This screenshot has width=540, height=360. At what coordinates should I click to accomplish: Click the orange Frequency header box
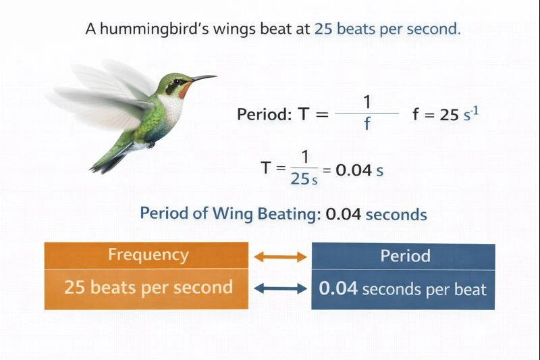[148, 255]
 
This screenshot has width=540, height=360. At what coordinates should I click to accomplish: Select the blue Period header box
[403, 256]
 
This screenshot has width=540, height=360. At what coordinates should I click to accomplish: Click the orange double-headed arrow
[279, 257]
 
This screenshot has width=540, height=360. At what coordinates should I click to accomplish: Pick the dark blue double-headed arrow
[279, 288]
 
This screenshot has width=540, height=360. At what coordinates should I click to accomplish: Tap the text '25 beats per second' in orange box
[148, 287]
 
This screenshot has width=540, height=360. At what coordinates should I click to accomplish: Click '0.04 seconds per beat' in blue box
[403, 289]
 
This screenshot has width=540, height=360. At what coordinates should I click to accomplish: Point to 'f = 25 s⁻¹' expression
[446, 114]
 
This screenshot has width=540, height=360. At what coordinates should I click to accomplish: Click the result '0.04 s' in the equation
[359, 170]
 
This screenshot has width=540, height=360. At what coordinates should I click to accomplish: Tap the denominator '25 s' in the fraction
[304, 180]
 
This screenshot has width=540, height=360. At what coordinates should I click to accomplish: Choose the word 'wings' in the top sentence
[217, 30]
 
